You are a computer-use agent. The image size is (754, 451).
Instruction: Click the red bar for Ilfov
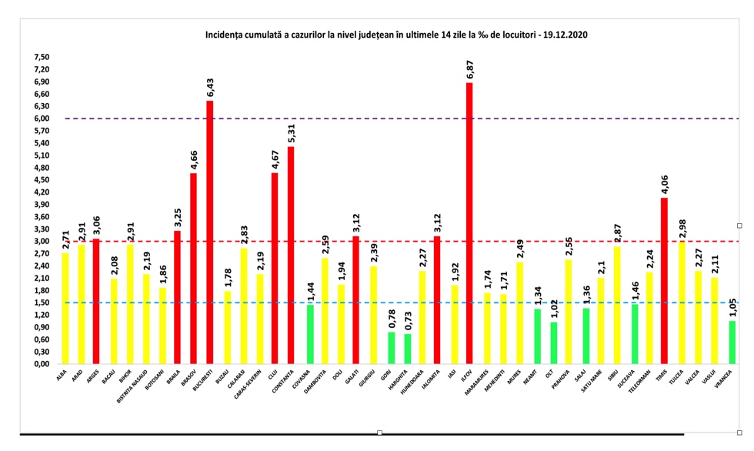[469, 223]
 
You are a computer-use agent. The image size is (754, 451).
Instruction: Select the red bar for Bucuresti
[209, 231]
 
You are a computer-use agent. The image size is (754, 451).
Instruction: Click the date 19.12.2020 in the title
[565, 35]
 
